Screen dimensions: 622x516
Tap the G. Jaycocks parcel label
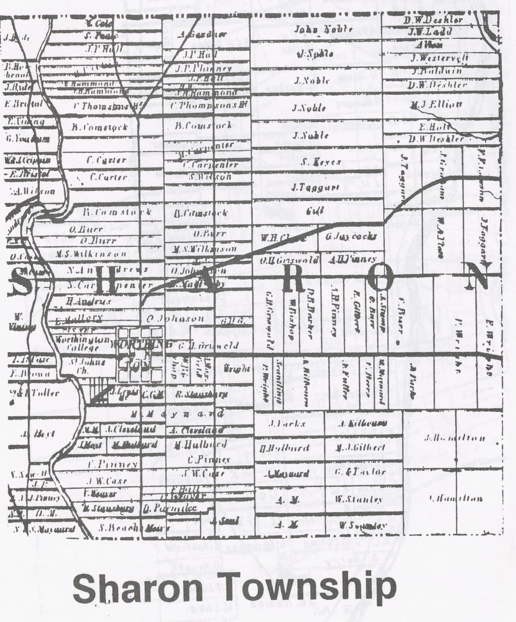[351, 236]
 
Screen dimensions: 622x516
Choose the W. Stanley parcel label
[359, 500]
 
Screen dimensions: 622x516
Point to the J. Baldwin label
[437, 71]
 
